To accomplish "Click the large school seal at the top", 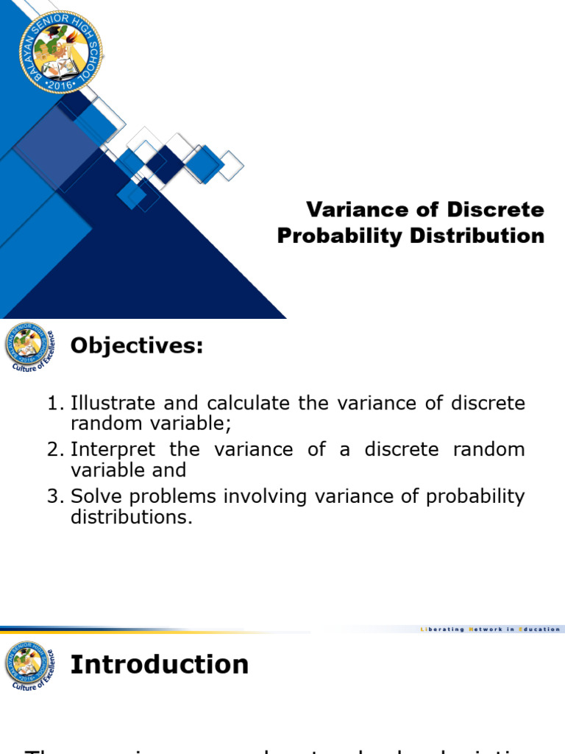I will pos(60,52).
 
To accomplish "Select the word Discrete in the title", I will pos(496,210).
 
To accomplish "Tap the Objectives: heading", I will pos(136,345).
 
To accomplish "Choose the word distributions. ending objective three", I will pos(131,517).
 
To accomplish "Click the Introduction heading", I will pos(159,664).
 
